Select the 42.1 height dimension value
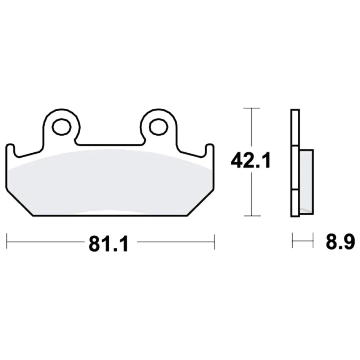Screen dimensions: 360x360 click(x=251, y=160)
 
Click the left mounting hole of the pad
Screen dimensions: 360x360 click(x=62, y=126)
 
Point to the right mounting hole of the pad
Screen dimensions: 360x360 click(x=158, y=126)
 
